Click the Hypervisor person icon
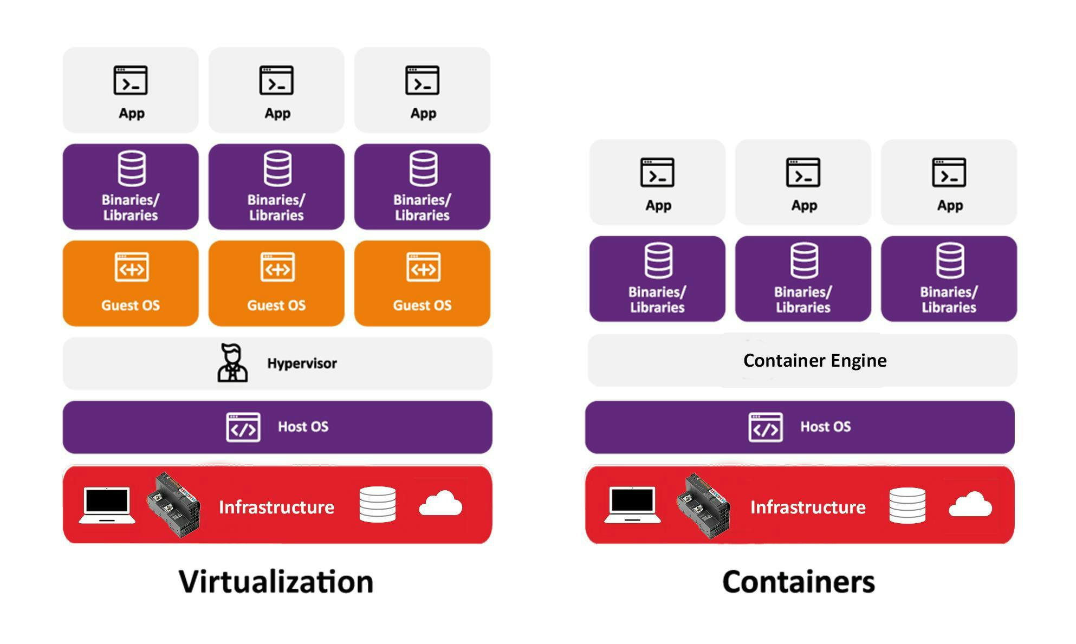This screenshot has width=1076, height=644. tap(232, 363)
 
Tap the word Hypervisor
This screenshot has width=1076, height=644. tap(302, 363)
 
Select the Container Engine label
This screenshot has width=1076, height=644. tap(814, 361)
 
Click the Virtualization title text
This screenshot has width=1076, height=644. tap(276, 582)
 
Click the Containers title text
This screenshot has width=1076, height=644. tap(798, 582)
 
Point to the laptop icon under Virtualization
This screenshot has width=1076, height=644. tap(107, 505)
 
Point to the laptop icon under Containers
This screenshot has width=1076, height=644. tap(632, 505)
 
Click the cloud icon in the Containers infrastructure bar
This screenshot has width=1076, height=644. tap(970, 504)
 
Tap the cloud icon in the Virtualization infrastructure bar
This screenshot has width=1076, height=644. tap(440, 503)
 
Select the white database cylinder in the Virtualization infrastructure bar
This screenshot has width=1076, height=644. tap(378, 504)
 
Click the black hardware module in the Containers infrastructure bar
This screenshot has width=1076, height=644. tap(703, 505)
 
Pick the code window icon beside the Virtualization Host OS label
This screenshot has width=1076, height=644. tap(243, 427)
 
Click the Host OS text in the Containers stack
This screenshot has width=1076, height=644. tap(825, 427)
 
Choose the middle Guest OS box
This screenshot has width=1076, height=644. tap(276, 283)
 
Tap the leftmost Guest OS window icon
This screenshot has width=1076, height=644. tap(131, 267)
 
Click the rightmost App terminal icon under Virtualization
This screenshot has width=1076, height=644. tap(422, 81)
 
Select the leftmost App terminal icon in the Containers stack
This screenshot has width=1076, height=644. tap(657, 173)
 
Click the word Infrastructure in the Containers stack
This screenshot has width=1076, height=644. tap(807, 508)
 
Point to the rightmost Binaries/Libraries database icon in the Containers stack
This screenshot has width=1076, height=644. tap(949, 261)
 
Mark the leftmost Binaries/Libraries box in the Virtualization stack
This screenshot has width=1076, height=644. tap(131, 187)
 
